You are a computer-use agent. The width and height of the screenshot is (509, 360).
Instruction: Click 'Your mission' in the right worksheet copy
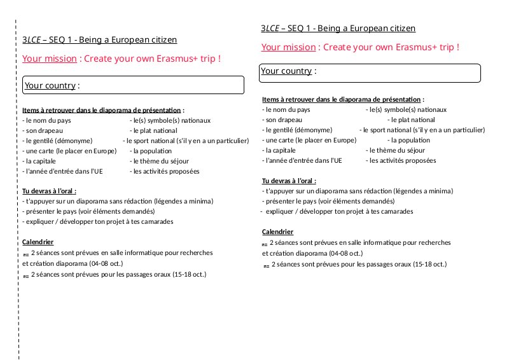[x=288, y=47]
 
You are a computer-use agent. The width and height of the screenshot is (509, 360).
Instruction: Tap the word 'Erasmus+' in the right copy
[x=408, y=47]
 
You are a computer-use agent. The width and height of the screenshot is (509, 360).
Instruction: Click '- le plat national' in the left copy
[x=153, y=130]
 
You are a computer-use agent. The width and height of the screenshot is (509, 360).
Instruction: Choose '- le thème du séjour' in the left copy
[x=159, y=161]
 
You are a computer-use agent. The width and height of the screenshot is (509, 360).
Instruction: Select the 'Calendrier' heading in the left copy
[x=38, y=242]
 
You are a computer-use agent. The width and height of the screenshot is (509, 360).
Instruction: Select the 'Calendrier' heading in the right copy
[x=277, y=232]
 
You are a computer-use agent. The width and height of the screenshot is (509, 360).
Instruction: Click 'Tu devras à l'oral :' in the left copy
[x=49, y=191]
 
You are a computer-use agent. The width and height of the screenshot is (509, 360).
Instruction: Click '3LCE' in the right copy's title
[x=270, y=29]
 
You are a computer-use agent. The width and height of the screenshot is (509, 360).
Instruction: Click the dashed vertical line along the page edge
[x=17, y=191]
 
